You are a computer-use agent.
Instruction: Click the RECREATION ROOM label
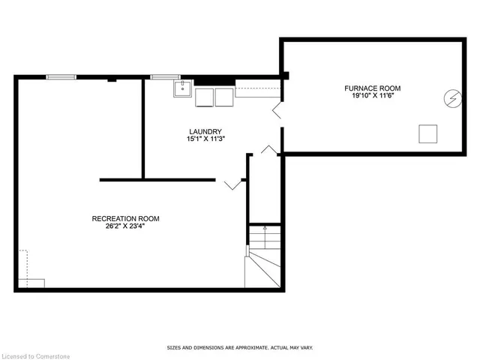(x=125, y=219)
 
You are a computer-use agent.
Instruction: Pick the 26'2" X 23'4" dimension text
(x=125, y=227)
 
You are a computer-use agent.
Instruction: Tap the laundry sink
(x=181, y=91)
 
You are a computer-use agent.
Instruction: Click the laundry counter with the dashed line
(x=257, y=91)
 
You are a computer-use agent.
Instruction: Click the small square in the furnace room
(x=428, y=133)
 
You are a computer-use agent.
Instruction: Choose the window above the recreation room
(x=61, y=76)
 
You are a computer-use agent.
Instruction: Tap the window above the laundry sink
(x=164, y=76)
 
